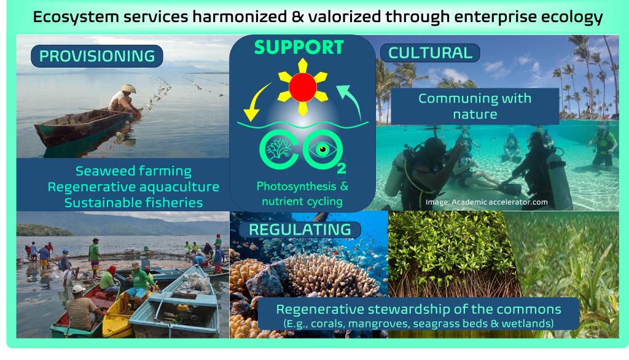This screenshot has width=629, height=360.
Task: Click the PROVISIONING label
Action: (x=97, y=56)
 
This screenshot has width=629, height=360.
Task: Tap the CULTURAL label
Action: (x=430, y=53)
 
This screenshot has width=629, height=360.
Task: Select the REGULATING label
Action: (x=300, y=230)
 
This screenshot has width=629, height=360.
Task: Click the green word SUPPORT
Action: (x=299, y=47)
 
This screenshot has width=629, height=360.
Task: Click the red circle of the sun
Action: (x=303, y=87)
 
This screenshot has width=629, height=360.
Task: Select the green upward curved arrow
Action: (x=352, y=100)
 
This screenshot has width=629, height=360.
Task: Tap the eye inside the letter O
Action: (x=322, y=150)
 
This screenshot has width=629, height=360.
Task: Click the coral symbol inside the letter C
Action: (x=279, y=149)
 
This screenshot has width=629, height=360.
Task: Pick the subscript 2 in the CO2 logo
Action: (x=342, y=168)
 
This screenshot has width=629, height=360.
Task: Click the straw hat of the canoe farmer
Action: (x=129, y=88)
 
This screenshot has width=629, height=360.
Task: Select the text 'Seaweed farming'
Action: (x=133, y=171)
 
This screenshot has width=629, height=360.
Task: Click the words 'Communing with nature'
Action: (x=475, y=106)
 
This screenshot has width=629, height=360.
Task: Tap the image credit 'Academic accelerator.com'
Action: (x=499, y=202)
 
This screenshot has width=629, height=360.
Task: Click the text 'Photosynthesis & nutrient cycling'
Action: (x=302, y=194)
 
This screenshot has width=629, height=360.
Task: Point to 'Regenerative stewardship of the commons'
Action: (x=418, y=310)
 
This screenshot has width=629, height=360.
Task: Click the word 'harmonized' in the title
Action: (x=240, y=17)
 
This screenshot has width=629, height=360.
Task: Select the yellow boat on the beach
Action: (x=116, y=317)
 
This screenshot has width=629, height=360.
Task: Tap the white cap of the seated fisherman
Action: (x=78, y=289)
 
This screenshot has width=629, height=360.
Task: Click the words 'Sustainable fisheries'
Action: (x=133, y=203)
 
